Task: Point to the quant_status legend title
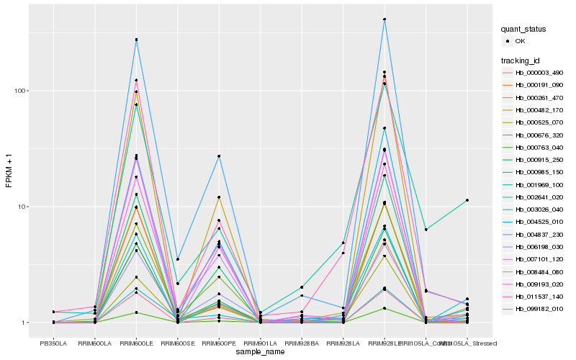pyautogui.click(x=523, y=29)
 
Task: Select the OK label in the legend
pyautogui.click(x=521, y=41)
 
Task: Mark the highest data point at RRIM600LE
pyautogui.click(x=136, y=40)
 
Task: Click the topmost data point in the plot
pyautogui.click(x=384, y=19)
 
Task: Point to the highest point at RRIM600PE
pyautogui.click(x=219, y=156)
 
